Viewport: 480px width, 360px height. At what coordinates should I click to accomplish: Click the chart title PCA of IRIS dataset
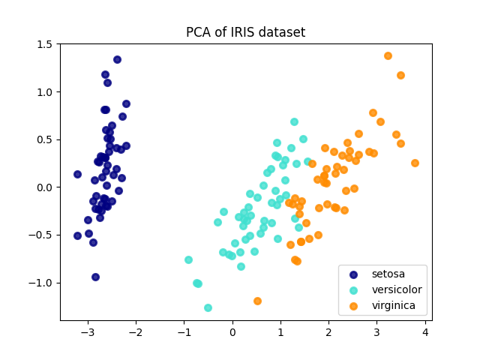tap(245, 32)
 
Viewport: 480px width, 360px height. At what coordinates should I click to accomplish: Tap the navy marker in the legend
tap(353, 274)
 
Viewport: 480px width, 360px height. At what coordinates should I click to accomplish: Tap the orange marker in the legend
tap(353, 306)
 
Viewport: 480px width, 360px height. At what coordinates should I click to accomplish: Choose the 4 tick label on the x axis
tap(425, 331)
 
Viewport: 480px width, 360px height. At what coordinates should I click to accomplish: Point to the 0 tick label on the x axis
tap(232, 331)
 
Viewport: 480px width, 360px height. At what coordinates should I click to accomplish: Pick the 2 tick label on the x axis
tap(328, 331)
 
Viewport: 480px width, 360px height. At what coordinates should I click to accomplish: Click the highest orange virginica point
tap(388, 55)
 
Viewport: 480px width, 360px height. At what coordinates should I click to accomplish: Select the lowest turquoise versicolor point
tap(208, 307)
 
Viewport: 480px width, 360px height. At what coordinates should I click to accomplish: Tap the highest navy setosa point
tap(117, 59)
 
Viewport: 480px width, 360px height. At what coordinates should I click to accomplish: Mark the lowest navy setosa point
tap(95, 277)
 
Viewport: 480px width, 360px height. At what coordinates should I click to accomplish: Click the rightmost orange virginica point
tap(415, 163)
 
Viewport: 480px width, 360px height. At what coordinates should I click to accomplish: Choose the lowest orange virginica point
tap(257, 301)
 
